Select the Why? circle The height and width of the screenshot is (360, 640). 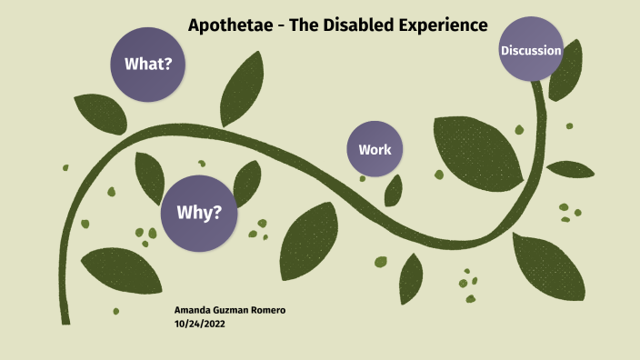198,213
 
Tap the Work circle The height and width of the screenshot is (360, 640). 375,148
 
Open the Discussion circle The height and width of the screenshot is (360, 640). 531,49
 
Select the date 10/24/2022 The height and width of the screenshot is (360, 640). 200,324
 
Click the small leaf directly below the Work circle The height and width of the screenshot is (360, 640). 394,190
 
